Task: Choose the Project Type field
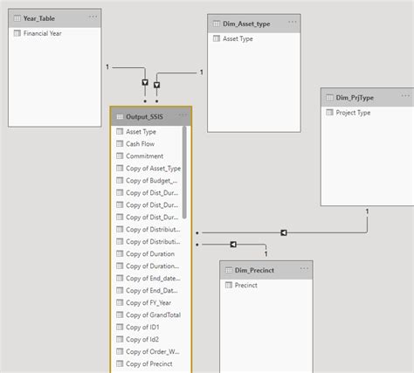tap(353, 113)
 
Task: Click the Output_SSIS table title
tap(145, 115)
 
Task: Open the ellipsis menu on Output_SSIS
tap(183, 115)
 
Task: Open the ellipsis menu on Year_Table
tap(92, 17)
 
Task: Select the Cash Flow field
tap(140, 143)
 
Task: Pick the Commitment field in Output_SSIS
tap(144, 155)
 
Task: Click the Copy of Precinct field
tap(148, 363)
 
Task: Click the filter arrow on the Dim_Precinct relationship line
tap(233, 245)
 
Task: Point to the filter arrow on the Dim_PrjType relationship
tap(284, 232)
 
